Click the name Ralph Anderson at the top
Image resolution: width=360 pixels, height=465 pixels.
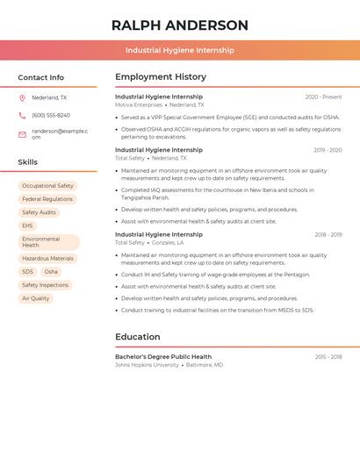pyautogui.click(x=180, y=25)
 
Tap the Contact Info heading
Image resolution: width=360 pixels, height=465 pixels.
pyautogui.click(x=41, y=77)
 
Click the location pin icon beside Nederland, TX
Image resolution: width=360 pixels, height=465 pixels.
pyautogui.click(x=22, y=97)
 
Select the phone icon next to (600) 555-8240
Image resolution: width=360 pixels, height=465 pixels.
pyautogui.click(x=22, y=115)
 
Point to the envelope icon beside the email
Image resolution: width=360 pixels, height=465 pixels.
pyautogui.click(x=22, y=134)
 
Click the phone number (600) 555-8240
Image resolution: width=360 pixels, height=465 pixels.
pyautogui.click(x=51, y=115)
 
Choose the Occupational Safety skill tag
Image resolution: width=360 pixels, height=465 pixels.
pyautogui.click(x=47, y=186)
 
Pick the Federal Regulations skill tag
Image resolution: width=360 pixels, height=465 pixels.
pyautogui.click(x=47, y=199)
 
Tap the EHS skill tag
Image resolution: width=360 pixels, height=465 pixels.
pyautogui.click(x=27, y=225)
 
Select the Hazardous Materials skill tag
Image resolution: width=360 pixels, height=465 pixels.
pyautogui.click(x=47, y=259)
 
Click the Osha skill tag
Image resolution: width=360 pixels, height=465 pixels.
pyautogui.click(x=51, y=272)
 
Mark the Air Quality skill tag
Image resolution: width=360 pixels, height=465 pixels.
pyautogui.click(x=35, y=298)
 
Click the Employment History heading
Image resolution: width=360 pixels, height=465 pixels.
pyautogui.click(x=161, y=77)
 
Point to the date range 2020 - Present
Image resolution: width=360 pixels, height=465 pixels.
pyautogui.click(x=323, y=97)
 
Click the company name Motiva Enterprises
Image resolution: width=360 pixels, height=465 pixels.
pyautogui.click(x=139, y=104)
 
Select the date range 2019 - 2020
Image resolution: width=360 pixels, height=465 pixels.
pyautogui.click(x=328, y=150)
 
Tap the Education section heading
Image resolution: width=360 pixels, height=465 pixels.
pyautogui.click(x=138, y=337)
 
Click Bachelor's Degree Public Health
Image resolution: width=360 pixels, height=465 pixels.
pyautogui.click(x=163, y=357)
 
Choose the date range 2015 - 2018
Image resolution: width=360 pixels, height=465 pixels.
pyautogui.click(x=328, y=357)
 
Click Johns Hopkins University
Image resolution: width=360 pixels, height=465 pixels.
pyautogui.click(x=147, y=365)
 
